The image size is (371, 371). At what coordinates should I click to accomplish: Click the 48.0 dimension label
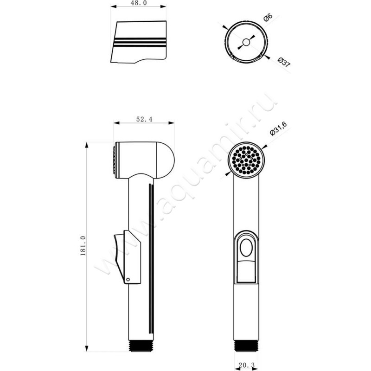[x=138, y=3]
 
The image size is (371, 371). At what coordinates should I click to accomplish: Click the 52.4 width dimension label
[x=144, y=119]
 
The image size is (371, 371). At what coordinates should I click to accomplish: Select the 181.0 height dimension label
[x=83, y=246]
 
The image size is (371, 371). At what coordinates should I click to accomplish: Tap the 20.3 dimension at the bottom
[x=246, y=365]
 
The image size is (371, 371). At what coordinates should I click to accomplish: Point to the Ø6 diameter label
[x=268, y=18]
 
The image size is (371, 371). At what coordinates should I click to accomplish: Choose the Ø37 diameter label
[x=284, y=62]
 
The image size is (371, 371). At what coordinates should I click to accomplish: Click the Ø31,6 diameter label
[x=278, y=129]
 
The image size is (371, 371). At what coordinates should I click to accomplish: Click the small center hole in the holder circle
[x=246, y=42]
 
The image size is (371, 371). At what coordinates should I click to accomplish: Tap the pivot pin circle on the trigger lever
[x=128, y=280]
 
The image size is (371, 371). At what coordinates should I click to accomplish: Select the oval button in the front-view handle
[x=246, y=248]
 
